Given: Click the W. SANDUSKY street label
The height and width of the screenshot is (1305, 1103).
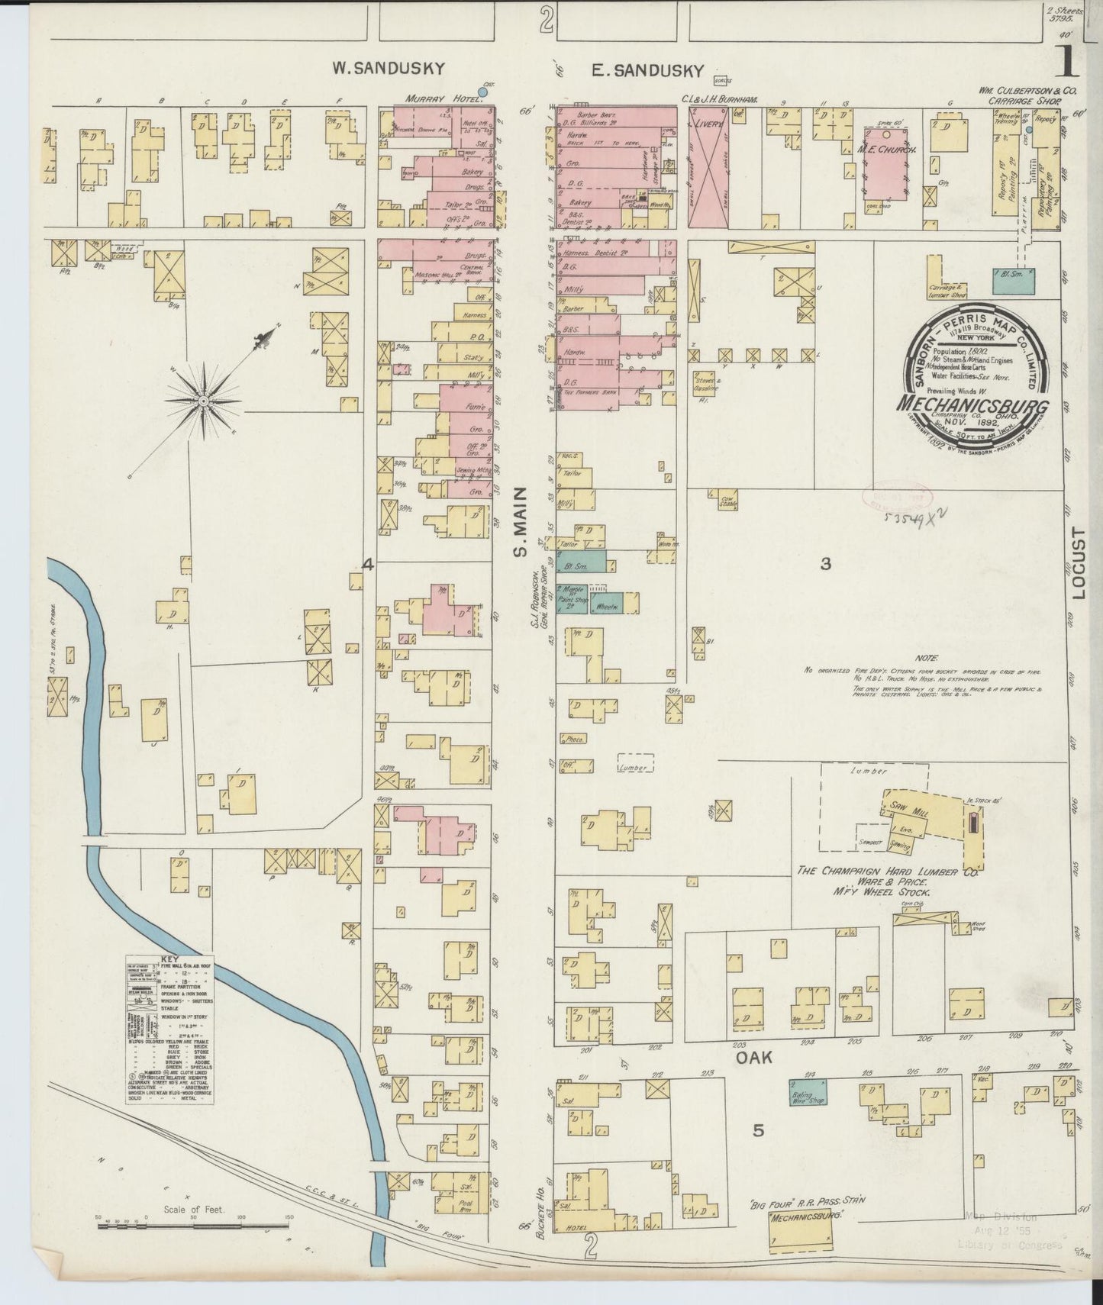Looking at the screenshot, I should (388, 69).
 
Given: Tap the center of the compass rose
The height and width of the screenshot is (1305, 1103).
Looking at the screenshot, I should (205, 400).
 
